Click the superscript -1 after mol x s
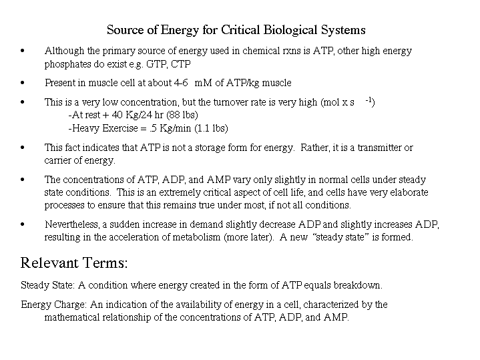click(x=369, y=101)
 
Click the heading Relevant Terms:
click(x=74, y=262)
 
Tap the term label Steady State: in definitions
click(x=49, y=285)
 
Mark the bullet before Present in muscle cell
click(x=23, y=83)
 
